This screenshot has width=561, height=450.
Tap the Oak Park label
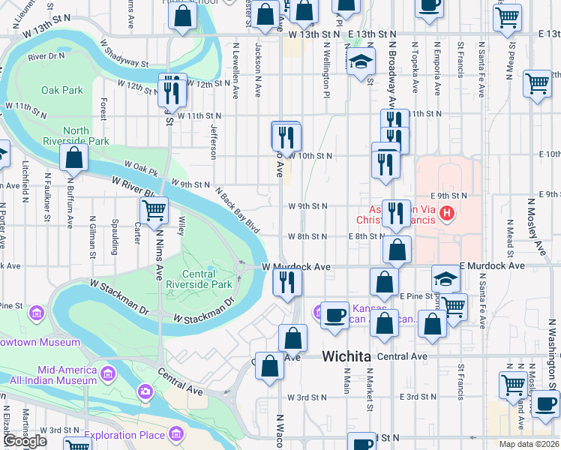click(x=62, y=90)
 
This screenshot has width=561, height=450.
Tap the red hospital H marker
click(x=448, y=214)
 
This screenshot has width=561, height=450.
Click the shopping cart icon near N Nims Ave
click(x=154, y=211)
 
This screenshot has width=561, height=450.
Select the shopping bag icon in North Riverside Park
click(x=73, y=157)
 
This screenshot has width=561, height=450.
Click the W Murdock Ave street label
click(x=296, y=267)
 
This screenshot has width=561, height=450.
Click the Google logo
click(x=25, y=441)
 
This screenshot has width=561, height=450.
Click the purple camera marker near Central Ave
click(x=145, y=391)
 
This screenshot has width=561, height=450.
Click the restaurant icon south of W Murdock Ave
click(x=286, y=282)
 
